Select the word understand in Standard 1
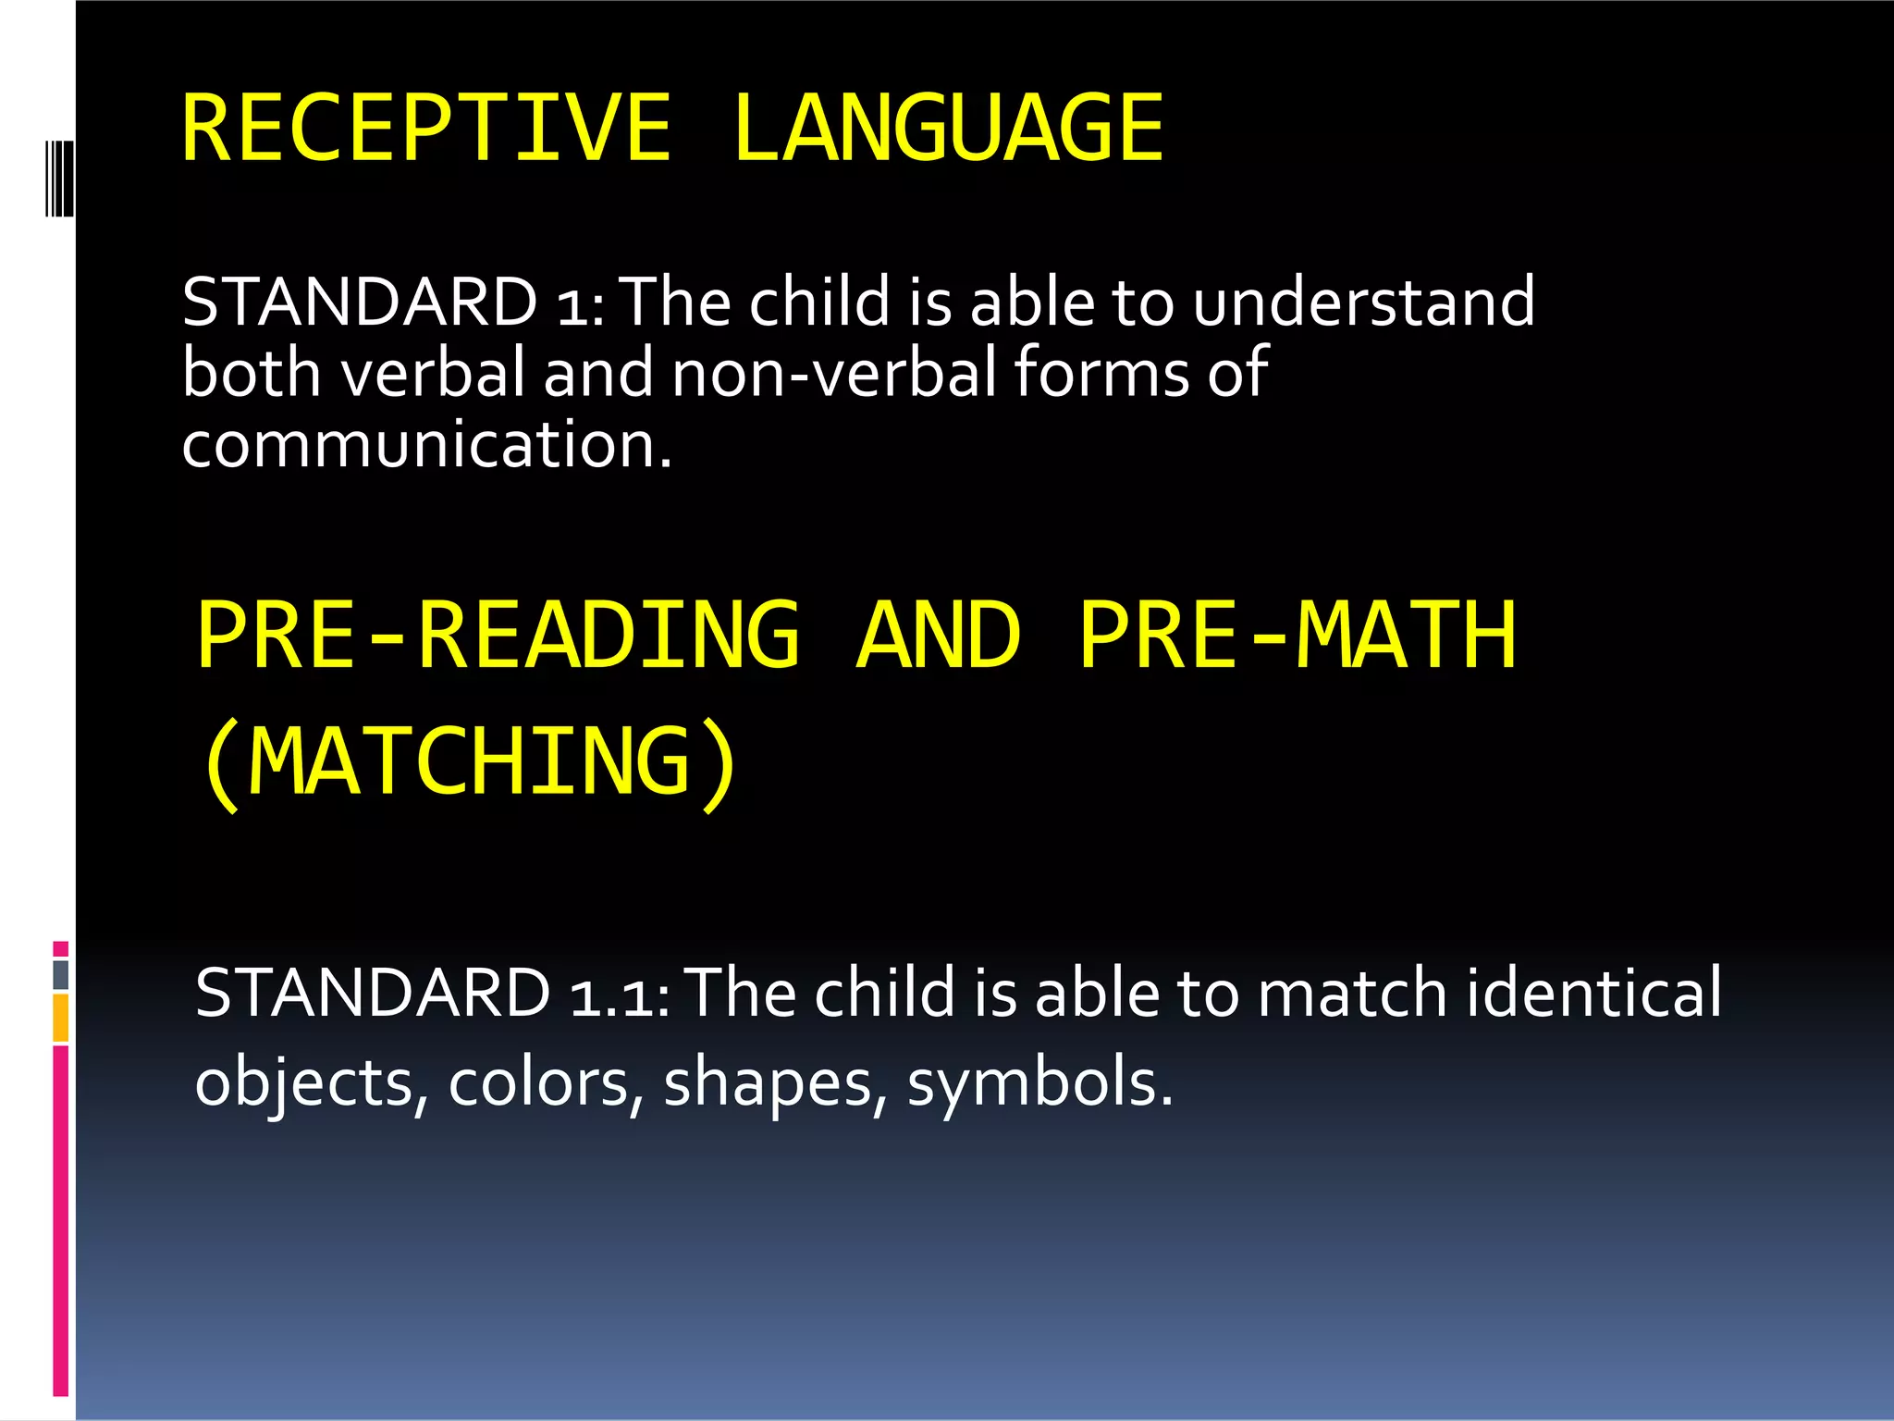point(1363,302)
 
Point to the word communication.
point(425,444)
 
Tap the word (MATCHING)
point(470,762)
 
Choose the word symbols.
point(1039,1082)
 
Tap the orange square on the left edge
point(60,1018)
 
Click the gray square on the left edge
point(60,974)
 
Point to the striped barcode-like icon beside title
point(59,179)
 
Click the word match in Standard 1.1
point(1353,993)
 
